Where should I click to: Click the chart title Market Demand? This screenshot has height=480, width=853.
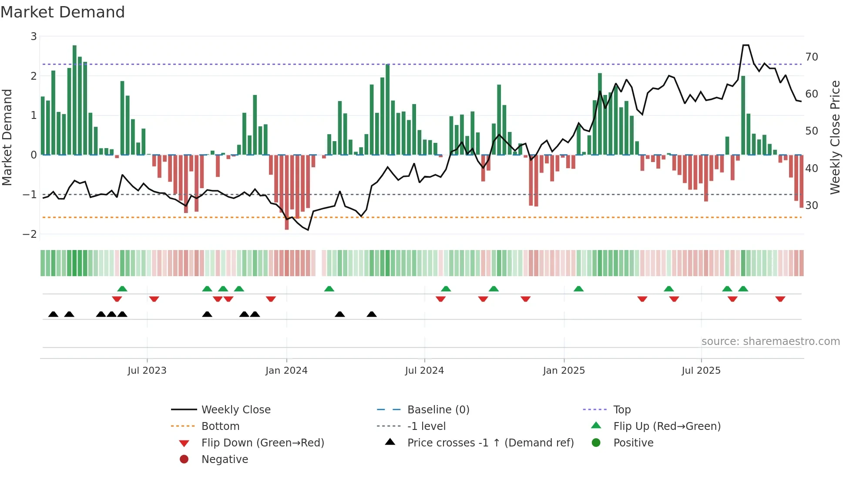63,12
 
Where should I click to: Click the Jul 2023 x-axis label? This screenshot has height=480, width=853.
147,371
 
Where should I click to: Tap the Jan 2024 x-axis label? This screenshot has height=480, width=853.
286,371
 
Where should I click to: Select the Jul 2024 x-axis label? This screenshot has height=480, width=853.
424,371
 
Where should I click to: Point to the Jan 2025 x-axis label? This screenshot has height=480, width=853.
564,371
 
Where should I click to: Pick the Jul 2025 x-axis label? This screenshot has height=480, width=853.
701,371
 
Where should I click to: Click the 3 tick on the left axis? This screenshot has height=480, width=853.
34,37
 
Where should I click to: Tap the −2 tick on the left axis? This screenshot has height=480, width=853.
30,234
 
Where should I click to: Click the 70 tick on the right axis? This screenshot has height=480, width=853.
811,57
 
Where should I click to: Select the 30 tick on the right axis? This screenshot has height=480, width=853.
811,205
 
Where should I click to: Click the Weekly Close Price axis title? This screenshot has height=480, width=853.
835,137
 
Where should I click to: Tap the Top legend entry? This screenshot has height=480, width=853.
622,410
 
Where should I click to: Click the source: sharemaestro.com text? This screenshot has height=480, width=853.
770,341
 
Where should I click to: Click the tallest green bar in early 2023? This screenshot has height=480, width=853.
74,100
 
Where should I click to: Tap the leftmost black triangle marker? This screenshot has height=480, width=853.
53,314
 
